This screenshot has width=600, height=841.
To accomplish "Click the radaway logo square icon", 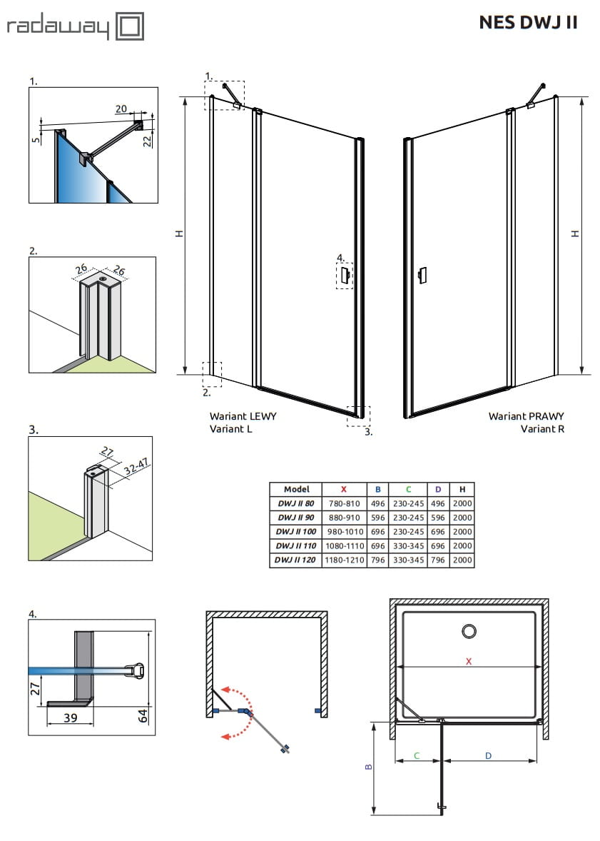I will click(130, 27).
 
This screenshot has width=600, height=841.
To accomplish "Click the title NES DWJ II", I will click(528, 22).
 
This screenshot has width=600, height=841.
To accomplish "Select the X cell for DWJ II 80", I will click(344, 503).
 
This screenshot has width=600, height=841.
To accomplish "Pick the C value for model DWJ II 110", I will click(408, 546).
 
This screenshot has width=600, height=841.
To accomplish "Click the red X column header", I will click(344, 489).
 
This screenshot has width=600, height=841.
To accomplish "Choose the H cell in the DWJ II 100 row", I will click(462, 532).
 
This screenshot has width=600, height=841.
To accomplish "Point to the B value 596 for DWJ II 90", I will click(377, 518).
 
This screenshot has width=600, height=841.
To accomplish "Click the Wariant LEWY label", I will click(243, 416).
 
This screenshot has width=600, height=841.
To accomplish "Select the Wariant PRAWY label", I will click(526, 416).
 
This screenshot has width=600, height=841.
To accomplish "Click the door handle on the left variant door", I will click(345, 275).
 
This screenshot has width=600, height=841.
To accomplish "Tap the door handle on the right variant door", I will click(423, 275).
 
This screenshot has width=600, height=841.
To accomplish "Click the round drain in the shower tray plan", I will click(469, 631).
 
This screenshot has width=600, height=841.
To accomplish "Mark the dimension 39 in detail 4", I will click(70, 718).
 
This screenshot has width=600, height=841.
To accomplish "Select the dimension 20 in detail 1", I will click(121, 109).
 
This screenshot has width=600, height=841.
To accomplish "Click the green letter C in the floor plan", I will click(416, 755).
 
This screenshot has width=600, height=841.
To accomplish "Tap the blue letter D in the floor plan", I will click(488, 755).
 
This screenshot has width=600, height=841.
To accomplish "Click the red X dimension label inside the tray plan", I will click(468, 661).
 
